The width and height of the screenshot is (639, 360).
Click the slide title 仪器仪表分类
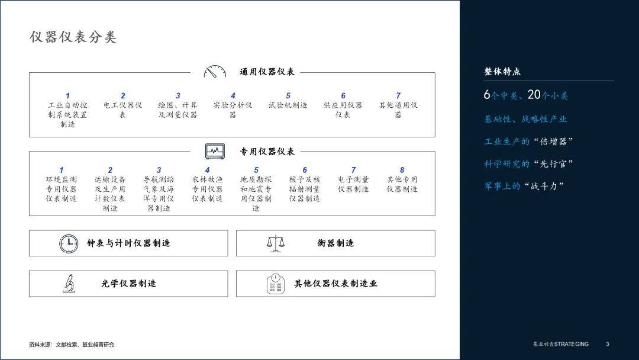[73, 37]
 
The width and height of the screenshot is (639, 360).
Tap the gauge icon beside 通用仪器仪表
[215, 72]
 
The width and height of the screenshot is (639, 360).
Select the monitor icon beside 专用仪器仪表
[215, 151]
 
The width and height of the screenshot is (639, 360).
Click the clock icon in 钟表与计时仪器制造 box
[69, 243]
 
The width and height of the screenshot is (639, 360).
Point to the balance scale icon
[276, 243]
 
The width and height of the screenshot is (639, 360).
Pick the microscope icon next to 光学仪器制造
[69, 284]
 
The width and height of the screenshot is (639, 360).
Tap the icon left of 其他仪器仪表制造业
[276, 284]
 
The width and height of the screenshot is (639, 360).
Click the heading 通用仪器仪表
[267, 72]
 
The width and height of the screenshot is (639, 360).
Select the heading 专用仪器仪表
[267, 152]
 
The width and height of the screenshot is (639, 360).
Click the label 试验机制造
[288, 105]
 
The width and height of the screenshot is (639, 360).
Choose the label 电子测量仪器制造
[353, 184]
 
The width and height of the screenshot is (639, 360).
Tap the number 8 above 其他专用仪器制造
[402, 170]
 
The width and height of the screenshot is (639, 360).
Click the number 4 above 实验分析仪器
[233, 96]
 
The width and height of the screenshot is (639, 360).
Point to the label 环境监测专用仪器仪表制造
[61, 189]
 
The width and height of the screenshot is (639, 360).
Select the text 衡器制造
[335, 243]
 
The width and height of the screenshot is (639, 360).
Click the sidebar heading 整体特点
[502, 72]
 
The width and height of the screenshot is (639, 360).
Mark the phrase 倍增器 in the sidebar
[553, 142]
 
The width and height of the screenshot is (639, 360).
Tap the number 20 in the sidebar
[534, 95]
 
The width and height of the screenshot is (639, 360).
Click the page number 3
[607, 344]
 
